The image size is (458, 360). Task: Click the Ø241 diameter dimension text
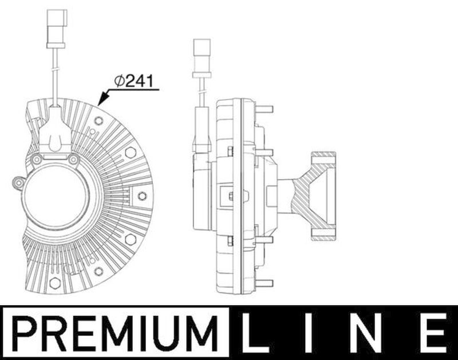pos(133,81)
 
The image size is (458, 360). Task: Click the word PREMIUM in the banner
pos(115,334)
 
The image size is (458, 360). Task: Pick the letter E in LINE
pos(435,333)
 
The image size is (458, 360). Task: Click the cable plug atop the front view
pos(56,28)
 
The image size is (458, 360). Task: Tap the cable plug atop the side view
pos(202,58)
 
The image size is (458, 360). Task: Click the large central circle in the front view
pos(56,195)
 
